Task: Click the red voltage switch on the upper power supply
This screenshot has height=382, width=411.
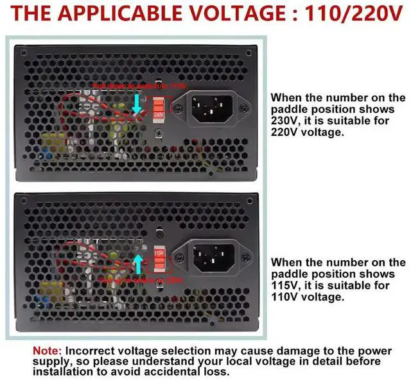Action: (159, 107)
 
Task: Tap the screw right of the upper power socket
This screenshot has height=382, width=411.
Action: (242, 108)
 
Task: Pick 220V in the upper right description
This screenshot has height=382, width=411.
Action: (283, 133)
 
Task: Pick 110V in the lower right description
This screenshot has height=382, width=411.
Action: (283, 297)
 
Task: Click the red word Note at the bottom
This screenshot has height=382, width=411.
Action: (48, 351)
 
